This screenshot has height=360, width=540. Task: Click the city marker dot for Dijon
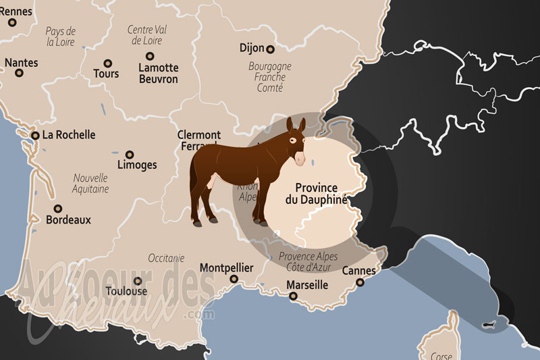coord(270,49)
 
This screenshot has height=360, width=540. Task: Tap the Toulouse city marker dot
coord(138,281)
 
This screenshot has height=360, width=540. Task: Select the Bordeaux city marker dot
coord(58,209)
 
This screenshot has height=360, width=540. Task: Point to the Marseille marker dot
coord(292,295)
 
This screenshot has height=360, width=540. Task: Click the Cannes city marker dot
coord(360,282)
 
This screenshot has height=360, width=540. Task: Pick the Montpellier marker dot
coord(234,278)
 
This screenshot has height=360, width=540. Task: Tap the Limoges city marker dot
coord(130,154)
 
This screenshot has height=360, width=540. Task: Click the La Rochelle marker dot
coord(35,135)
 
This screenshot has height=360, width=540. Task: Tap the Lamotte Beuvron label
coord(158,74)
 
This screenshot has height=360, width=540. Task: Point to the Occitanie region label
coord(166,258)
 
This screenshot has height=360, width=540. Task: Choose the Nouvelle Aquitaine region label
coord(90,184)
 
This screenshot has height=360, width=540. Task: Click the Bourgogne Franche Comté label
coord(269,77)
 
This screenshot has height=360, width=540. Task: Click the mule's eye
coord(292,140)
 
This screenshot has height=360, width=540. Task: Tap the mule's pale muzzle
coord(299,159)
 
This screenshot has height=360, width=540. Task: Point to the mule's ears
coord(296,126)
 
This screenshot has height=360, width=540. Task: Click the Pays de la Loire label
coord(61,36)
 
